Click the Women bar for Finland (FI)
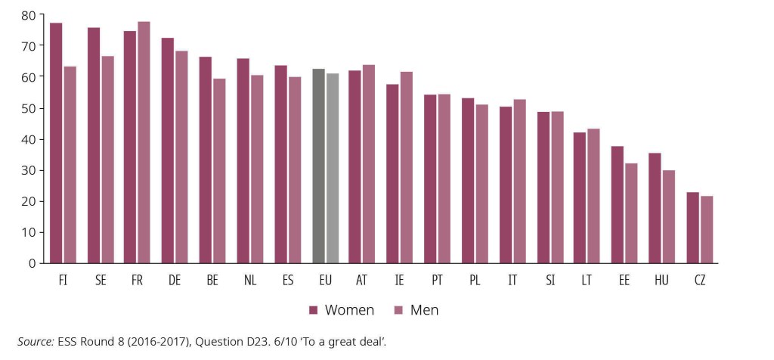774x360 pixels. point(56,143)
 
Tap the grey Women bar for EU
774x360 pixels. point(318,166)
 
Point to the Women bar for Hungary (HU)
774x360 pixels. point(655,208)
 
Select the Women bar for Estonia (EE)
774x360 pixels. point(618,204)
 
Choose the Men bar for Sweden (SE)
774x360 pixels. point(107,160)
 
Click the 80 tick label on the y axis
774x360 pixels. point(28,15)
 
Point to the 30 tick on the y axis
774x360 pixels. point(28,170)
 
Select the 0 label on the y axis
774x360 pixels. point(32,263)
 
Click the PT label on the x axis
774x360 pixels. point(437,280)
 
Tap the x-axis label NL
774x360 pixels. point(250,280)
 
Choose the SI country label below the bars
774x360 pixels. point(550,280)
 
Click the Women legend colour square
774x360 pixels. point(314,310)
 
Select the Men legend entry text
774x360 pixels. point(424,310)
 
